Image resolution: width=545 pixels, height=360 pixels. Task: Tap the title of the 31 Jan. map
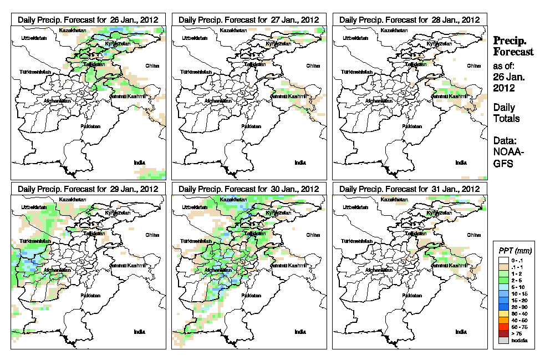click(x=409, y=189)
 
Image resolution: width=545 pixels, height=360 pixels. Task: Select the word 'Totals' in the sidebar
click(x=506, y=118)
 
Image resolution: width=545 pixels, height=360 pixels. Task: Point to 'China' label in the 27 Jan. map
click(x=312, y=65)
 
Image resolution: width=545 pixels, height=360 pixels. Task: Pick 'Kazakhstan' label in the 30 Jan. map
click(x=232, y=199)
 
